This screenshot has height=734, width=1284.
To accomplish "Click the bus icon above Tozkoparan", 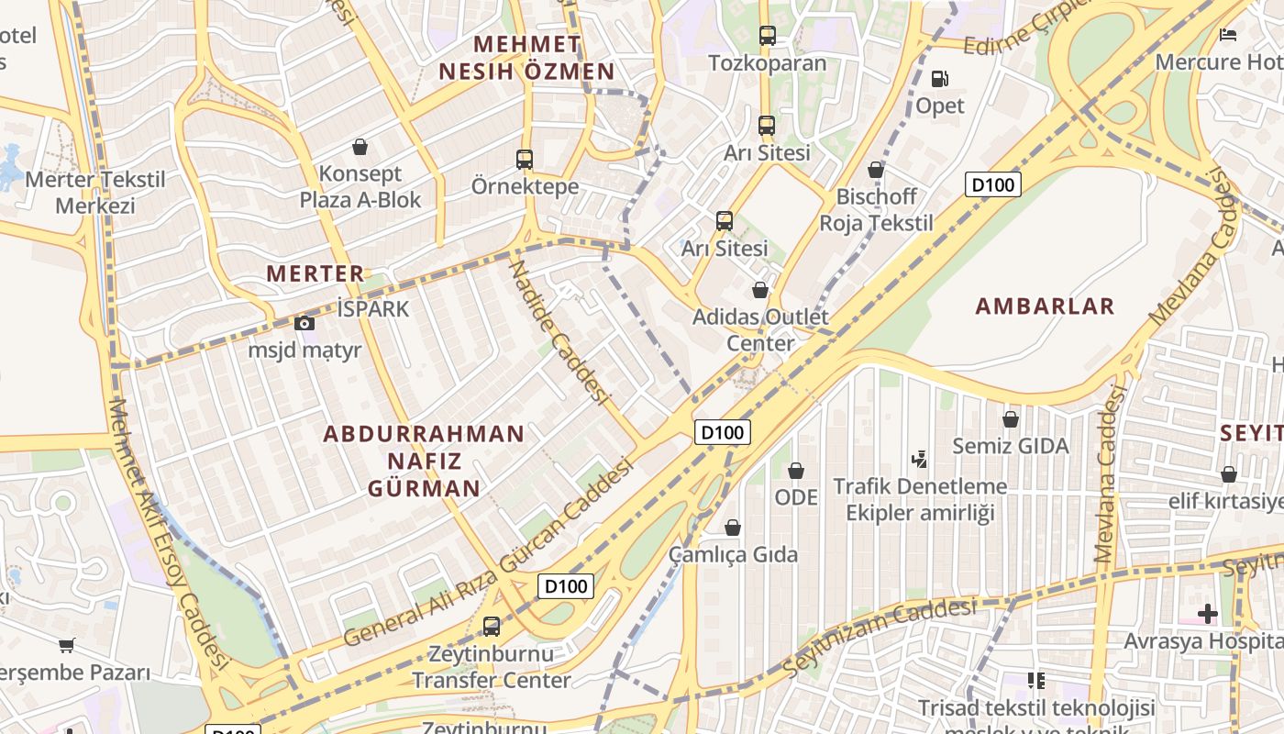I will (x=768, y=36).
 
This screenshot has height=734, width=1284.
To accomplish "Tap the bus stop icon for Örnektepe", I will (x=525, y=160).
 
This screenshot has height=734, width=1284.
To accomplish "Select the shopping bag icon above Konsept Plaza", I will (x=360, y=147).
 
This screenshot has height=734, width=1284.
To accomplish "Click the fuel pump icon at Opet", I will (x=939, y=79).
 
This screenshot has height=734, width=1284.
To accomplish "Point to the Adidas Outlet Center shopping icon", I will (x=759, y=291).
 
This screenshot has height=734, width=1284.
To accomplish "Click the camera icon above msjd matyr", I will (x=304, y=323).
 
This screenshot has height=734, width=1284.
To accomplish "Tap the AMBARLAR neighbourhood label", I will (x=1045, y=306).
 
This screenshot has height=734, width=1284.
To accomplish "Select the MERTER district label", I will (x=315, y=273).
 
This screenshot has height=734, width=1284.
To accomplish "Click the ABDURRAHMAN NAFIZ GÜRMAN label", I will (x=424, y=461).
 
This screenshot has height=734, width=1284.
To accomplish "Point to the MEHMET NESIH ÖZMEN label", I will (x=526, y=58).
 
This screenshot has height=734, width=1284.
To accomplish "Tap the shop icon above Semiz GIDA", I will (x=1010, y=419).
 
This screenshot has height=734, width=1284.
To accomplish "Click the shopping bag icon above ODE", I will (x=795, y=471).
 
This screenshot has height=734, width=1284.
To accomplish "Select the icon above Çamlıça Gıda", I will (x=732, y=528).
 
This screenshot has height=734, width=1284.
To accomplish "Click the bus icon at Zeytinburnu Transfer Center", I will (x=492, y=627).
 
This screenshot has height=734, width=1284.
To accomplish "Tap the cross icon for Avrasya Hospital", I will (x=1207, y=613).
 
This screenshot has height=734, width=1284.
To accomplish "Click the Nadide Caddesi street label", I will (x=559, y=332).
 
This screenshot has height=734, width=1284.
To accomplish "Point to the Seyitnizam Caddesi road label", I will (x=880, y=633).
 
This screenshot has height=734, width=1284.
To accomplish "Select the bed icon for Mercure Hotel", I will (x=1228, y=35).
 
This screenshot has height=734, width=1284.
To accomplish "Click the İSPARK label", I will (x=373, y=309).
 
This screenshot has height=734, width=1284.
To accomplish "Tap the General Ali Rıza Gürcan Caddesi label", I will (x=490, y=554).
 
